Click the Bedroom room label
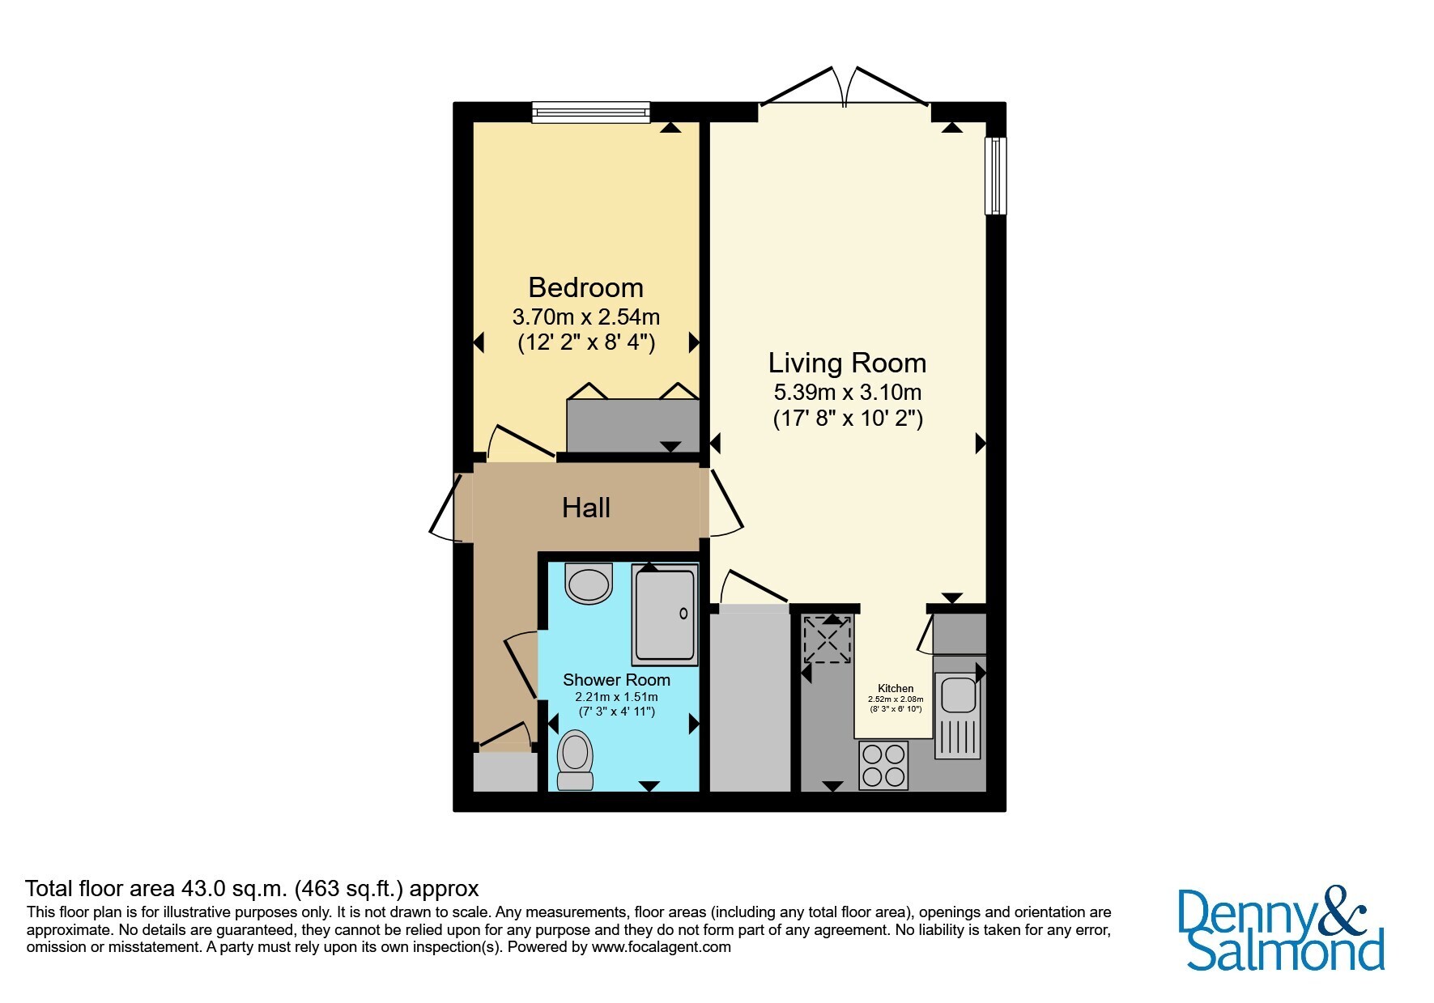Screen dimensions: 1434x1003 tap(585, 287)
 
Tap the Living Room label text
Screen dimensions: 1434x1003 tap(847, 363)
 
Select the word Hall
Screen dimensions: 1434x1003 tap(586, 508)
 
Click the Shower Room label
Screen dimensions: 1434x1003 tap(616, 680)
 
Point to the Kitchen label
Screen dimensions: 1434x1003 tap(896, 688)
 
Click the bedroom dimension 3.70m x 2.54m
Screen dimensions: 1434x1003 tap(586, 316)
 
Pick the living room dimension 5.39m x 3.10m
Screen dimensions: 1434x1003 tap(848, 393)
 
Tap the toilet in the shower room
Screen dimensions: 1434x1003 tap(575, 760)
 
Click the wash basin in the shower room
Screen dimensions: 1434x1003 tap(589, 583)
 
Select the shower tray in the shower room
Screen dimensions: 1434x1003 tap(665, 615)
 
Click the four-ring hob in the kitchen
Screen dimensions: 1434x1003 tap(883, 765)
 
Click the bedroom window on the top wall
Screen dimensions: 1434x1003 tap(591, 113)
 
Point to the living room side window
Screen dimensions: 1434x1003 tap(995, 176)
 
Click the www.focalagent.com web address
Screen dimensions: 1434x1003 tap(662, 947)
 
